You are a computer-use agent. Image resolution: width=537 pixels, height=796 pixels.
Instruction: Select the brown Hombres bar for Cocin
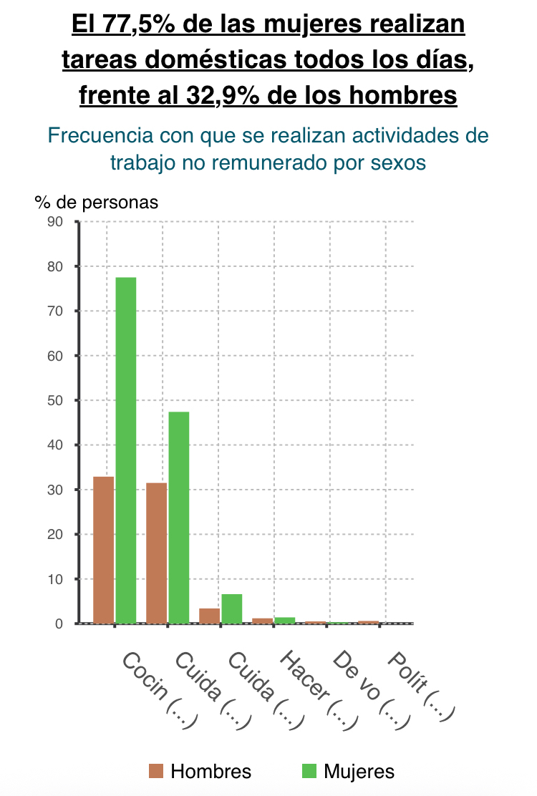coord(104,550)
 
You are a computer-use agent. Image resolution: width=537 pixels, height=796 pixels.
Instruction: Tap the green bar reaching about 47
coord(179,517)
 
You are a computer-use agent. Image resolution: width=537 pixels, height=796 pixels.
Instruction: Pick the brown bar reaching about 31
coord(156,553)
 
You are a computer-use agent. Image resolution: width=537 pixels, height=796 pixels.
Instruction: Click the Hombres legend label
coord(211,771)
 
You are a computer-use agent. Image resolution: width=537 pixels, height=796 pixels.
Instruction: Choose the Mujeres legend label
coord(359,771)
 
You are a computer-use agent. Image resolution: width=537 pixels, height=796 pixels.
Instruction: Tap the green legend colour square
coord(309,771)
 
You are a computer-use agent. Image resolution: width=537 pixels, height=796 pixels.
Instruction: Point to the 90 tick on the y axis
coord(56,222)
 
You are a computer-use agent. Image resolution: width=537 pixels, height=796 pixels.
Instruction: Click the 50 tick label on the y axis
coord(56,400)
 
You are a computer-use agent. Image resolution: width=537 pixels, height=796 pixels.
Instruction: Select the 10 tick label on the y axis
coord(56,579)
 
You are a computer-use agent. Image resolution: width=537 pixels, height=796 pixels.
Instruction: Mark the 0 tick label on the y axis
coord(59,623)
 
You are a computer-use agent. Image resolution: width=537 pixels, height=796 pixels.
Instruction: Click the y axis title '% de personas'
coord(97,203)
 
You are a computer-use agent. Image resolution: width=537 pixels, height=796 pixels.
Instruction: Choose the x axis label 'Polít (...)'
coord(422,686)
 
